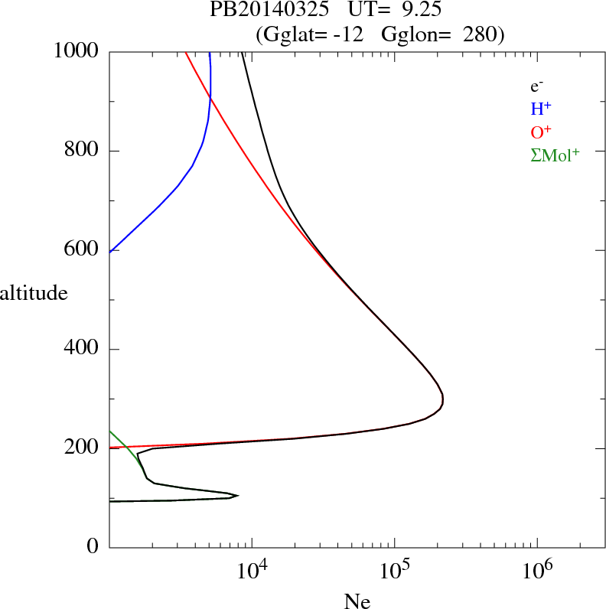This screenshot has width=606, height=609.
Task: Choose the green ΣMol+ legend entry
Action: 555,154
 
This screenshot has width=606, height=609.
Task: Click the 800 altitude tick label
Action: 82,151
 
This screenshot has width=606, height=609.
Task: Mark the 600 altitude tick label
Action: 82,250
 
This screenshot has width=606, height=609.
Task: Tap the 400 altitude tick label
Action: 82,350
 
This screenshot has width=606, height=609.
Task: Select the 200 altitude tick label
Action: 82,448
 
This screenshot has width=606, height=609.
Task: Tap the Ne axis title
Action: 357,601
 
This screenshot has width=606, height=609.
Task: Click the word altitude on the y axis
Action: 34,292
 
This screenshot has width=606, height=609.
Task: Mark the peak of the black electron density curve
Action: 443,399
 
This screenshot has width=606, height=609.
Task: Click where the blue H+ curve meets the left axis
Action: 111,251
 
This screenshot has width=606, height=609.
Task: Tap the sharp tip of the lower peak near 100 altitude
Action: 238,495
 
